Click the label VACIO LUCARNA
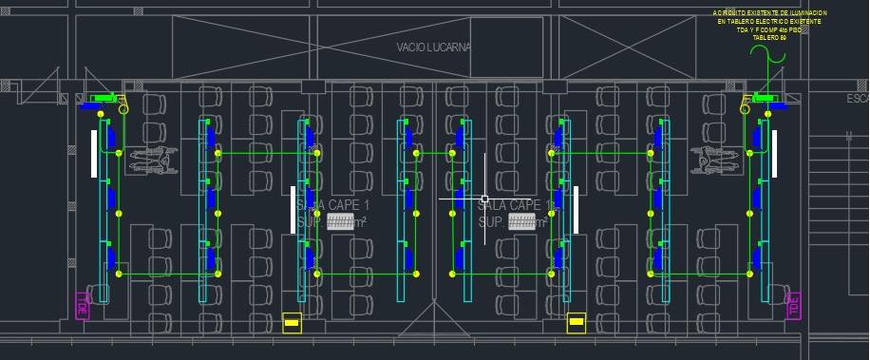[434, 47]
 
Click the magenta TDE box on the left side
[82, 306]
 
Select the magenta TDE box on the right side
[793, 306]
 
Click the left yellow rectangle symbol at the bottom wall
[293, 323]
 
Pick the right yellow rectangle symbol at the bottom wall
[576, 323]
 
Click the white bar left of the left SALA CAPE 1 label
[292, 210]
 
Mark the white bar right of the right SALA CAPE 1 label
[576, 210]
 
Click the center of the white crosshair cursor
[485, 199]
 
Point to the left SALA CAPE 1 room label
[332, 205]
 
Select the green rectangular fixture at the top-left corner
[100, 98]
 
